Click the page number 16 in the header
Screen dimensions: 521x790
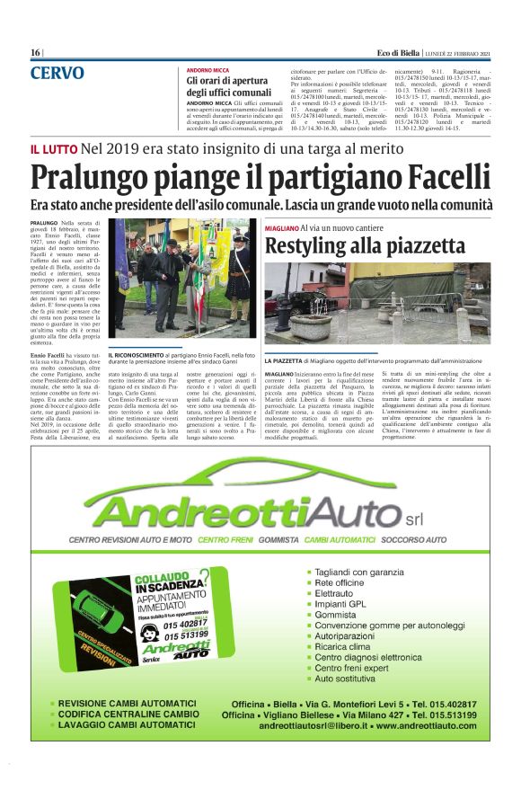(x=36, y=53)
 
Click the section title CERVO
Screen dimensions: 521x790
(x=57, y=74)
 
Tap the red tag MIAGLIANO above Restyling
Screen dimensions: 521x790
(x=282, y=229)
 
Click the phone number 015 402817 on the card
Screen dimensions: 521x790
(x=185, y=623)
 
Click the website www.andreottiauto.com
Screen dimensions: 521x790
(x=427, y=724)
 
